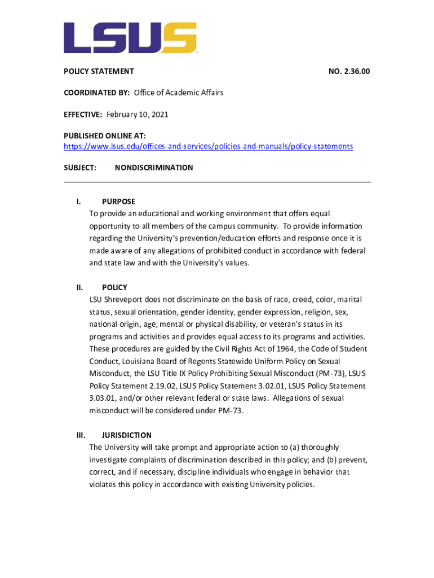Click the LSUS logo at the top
pos(130,38)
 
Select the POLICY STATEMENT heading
pos(98,72)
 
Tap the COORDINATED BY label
pos(96,93)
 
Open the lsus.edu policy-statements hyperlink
pos(208,146)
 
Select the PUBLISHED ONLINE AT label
pos(104,135)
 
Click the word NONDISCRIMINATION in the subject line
pos(154,168)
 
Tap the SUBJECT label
pos(79,168)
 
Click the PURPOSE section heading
pos(118,202)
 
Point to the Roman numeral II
pos(79,287)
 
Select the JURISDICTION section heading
pos(126,435)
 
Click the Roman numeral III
pos(81,435)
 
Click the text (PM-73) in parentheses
pos(330,374)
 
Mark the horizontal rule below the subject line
pos(217,182)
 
